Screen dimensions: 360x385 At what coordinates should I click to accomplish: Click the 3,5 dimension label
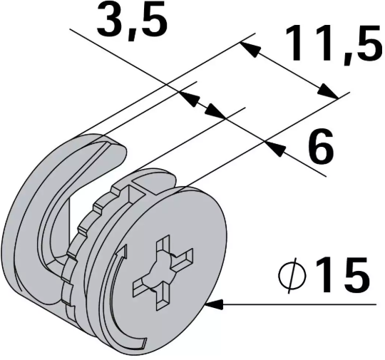[x=133, y=21]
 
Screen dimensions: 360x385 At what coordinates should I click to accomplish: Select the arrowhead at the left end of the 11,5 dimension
[x=247, y=47]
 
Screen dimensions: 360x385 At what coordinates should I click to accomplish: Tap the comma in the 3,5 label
[x=136, y=32]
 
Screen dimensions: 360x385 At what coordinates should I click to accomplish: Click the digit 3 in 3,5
[x=113, y=21]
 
